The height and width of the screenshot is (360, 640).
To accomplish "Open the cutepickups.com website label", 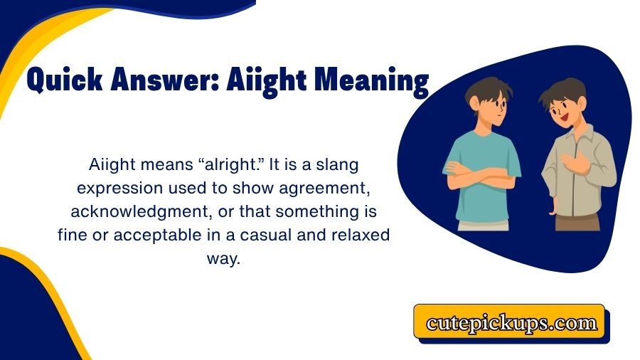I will [511, 323].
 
